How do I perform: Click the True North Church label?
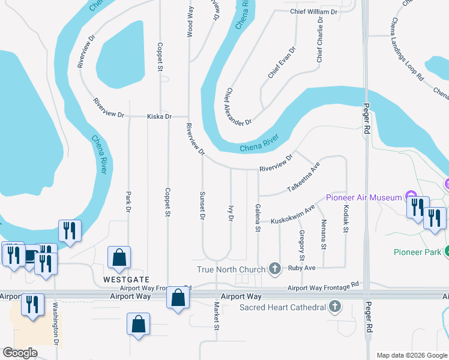(x=231, y=269)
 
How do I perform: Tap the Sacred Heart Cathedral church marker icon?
(x=336, y=308)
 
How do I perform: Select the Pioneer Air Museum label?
(x=363, y=197)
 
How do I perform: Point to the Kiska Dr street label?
(x=159, y=116)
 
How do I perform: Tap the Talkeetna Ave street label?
(x=304, y=178)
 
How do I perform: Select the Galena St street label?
(x=258, y=220)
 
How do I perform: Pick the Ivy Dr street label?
(x=231, y=214)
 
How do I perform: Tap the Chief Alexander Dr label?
(x=238, y=107)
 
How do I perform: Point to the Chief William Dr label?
(x=313, y=11)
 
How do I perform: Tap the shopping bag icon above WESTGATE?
(x=119, y=258)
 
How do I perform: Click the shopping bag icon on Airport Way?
(x=178, y=298)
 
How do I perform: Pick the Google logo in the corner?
(x=20, y=353)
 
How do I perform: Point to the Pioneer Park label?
(x=417, y=252)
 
